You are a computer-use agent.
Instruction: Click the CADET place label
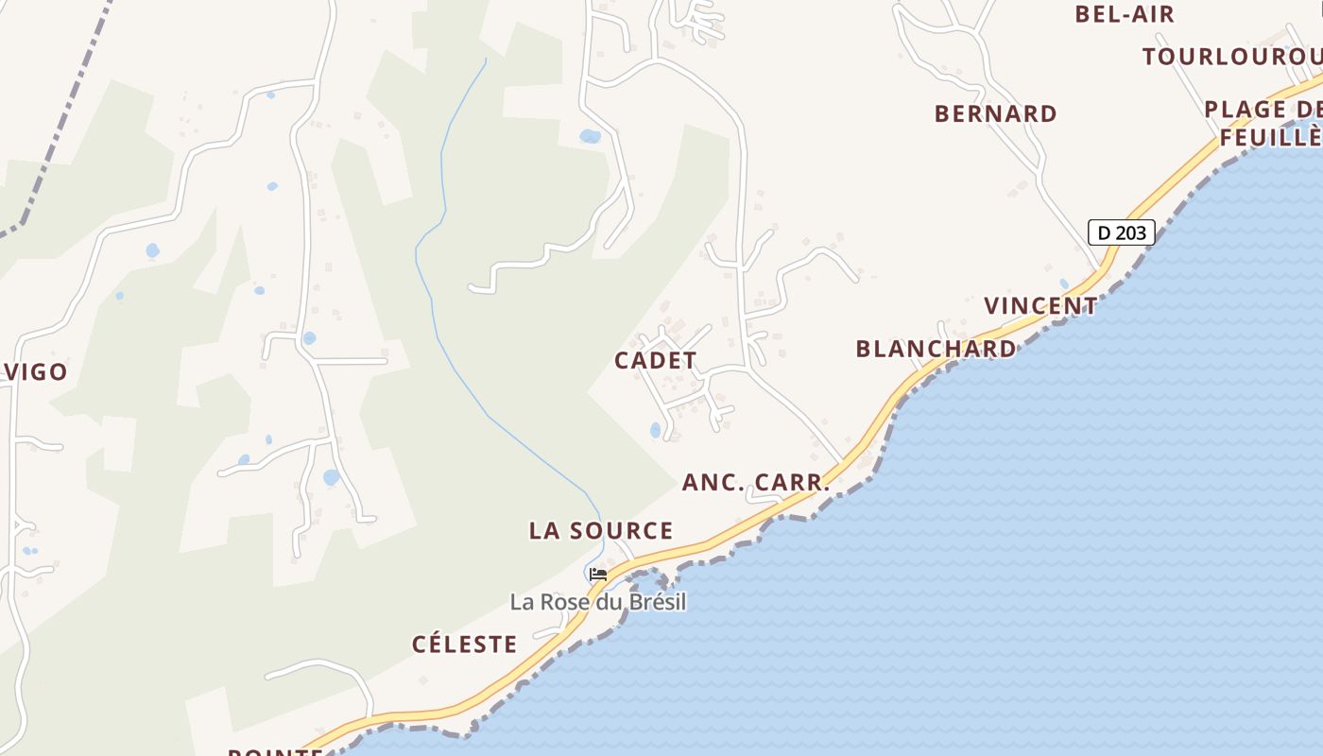(655, 360)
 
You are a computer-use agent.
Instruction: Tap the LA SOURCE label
(601, 530)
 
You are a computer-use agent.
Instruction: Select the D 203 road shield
(1121, 232)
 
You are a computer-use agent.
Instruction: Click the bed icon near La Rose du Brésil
(597, 574)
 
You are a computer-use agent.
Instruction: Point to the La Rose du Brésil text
(597, 602)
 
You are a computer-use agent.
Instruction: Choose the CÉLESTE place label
(464, 644)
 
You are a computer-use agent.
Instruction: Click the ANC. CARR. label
(756, 482)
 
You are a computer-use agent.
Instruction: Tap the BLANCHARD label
(936, 349)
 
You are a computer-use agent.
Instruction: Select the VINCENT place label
(1040, 306)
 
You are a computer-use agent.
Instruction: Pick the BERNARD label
(995, 113)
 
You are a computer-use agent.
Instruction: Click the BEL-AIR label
(1125, 14)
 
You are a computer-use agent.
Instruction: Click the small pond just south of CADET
(656, 430)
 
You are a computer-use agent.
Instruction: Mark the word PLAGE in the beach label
(1246, 110)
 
